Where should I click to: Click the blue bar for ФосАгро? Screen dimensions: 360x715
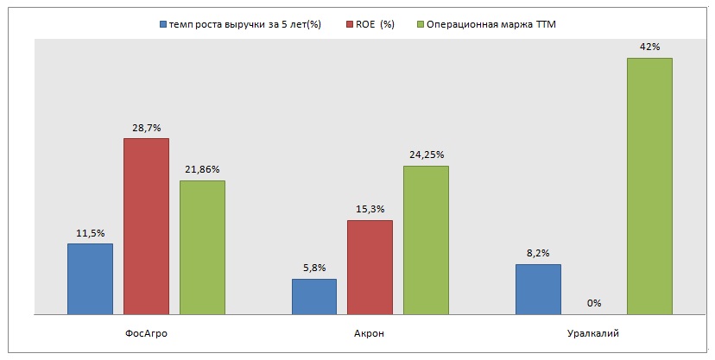pyautogui.click(x=90, y=279)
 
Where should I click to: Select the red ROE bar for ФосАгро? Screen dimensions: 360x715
pyautogui.click(x=146, y=226)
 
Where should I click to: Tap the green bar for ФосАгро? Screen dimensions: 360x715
pyautogui.click(x=202, y=247)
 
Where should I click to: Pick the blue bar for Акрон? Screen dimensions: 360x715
pyautogui.click(x=314, y=296)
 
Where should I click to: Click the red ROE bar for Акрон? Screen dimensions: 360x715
pyautogui.click(x=370, y=267)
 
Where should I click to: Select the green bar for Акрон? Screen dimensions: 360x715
pyautogui.click(x=426, y=240)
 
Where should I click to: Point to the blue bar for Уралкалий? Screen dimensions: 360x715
pyautogui.click(x=538, y=289)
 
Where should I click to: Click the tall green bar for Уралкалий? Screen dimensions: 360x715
pyautogui.click(x=649, y=186)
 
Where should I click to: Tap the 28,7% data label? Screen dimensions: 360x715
pyautogui.click(x=146, y=126)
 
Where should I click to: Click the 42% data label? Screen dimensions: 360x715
pyautogui.click(x=649, y=47)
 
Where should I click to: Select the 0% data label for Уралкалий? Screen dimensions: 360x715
pyautogui.click(x=593, y=303)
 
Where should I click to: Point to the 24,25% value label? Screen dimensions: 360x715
pyautogui.click(x=426, y=155)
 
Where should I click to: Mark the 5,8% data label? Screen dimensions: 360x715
pyautogui.click(x=314, y=268)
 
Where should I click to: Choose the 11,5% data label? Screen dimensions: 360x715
pyautogui.click(x=90, y=232)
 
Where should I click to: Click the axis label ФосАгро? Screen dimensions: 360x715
pyautogui.click(x=146, y=333)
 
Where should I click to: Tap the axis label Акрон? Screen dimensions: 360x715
pyautogui.click(x=370, y=333)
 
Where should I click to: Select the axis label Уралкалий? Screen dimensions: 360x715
pyautogui.click(x=593, y=333)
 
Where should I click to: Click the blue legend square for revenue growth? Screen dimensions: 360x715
pyautogui.click(x=162, y=24)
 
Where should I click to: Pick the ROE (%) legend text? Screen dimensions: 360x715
pyautogui.click(x=376, y=24)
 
